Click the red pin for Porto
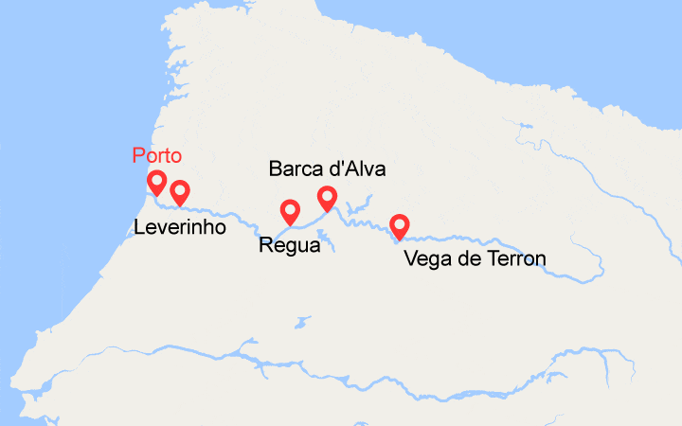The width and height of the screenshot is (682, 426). (x=157, y=181)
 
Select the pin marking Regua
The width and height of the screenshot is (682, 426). (x=290, y=211)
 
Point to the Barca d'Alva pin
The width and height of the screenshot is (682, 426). (x=327, y=197)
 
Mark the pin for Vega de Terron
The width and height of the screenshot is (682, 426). (x=400, y=225)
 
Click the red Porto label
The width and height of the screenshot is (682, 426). (x=156, y=156)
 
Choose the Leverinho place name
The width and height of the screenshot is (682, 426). (x=179, y=227)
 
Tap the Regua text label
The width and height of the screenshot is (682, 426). (x=289, y=246)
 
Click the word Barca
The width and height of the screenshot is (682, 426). (x=295, y=169)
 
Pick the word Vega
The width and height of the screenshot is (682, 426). (x=425, y=257)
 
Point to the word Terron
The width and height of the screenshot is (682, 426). (x=512, y=257)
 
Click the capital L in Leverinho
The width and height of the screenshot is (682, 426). (x=139, y=227)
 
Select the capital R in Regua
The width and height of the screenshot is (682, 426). (x=265, y=246)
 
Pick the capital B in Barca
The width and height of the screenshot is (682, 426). (x=276, y=169)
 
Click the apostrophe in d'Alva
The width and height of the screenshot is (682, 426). (x=341, y=165)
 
